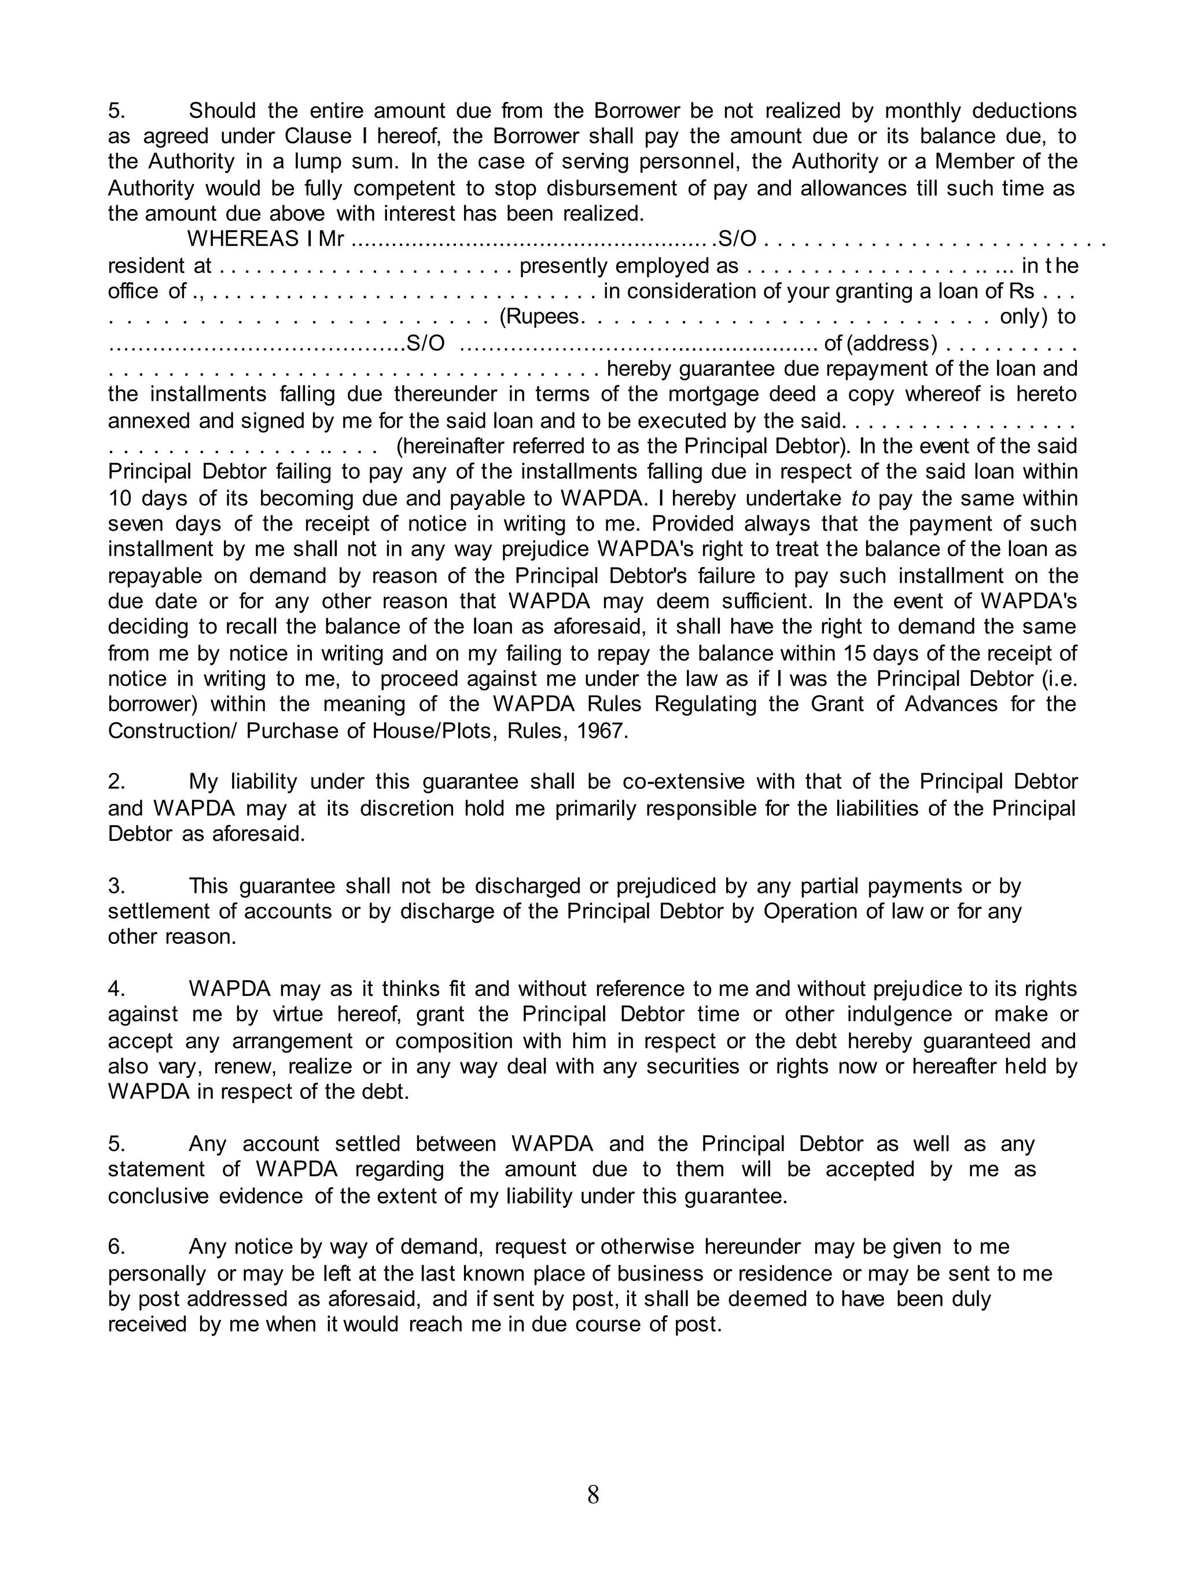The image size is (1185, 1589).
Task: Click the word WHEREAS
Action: click(x=242, y=240)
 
